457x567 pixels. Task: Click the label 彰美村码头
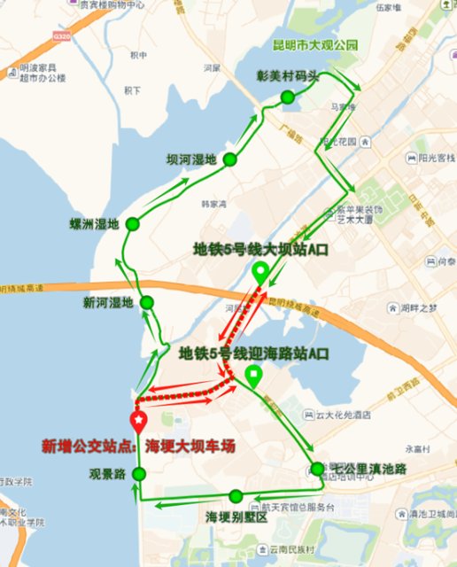[x=286, y=75]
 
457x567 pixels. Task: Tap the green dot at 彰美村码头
[x=287, y=97]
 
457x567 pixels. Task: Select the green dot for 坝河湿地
[x=229, y=159]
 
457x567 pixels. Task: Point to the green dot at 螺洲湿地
[x=133, y=223]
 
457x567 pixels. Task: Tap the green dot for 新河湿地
[x=147, y=302]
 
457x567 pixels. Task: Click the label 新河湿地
[x=108, y=303]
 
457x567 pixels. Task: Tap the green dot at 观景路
[x=138, y=476]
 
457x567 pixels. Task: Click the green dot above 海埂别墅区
[x=236, y=496]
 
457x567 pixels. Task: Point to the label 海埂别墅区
[x=236, y=517]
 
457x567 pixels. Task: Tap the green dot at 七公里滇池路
[x=317, y=469]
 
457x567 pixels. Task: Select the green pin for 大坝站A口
[x=260, y=273]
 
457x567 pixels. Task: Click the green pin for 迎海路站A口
[x=253, y=377]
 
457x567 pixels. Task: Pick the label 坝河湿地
[x=191, y=159]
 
